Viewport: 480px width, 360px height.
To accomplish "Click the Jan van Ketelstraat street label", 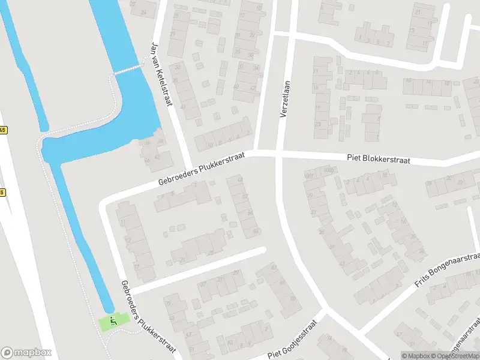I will [162, 74].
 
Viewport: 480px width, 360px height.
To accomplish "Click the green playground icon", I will [112, 322].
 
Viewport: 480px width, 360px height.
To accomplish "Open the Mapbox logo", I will [27, 353].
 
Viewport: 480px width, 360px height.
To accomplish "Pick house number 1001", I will [310, 176].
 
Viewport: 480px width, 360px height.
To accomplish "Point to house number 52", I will [245, 196].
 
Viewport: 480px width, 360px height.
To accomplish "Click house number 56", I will [250, 213].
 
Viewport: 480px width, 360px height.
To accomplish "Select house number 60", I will [256, 230].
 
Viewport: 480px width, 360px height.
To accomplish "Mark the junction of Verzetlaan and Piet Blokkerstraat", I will [279, 155].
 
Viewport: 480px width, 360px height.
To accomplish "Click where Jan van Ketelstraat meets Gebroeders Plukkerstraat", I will [188, 166].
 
